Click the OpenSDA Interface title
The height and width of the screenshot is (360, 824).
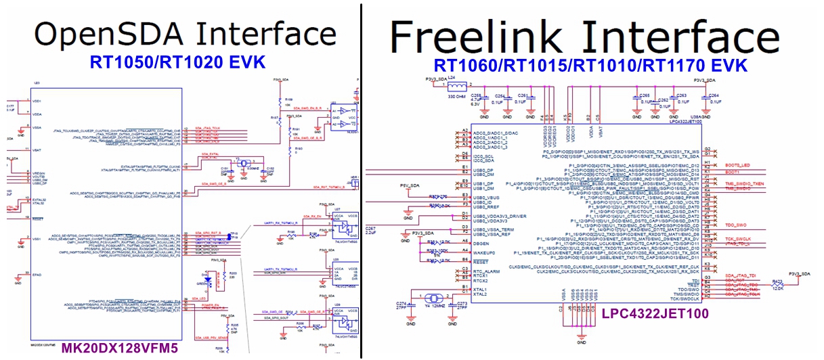coord(185,33)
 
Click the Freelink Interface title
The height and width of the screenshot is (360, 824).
coord(586,35)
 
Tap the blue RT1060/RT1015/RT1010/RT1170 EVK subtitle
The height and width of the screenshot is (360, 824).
coord(590,65)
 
